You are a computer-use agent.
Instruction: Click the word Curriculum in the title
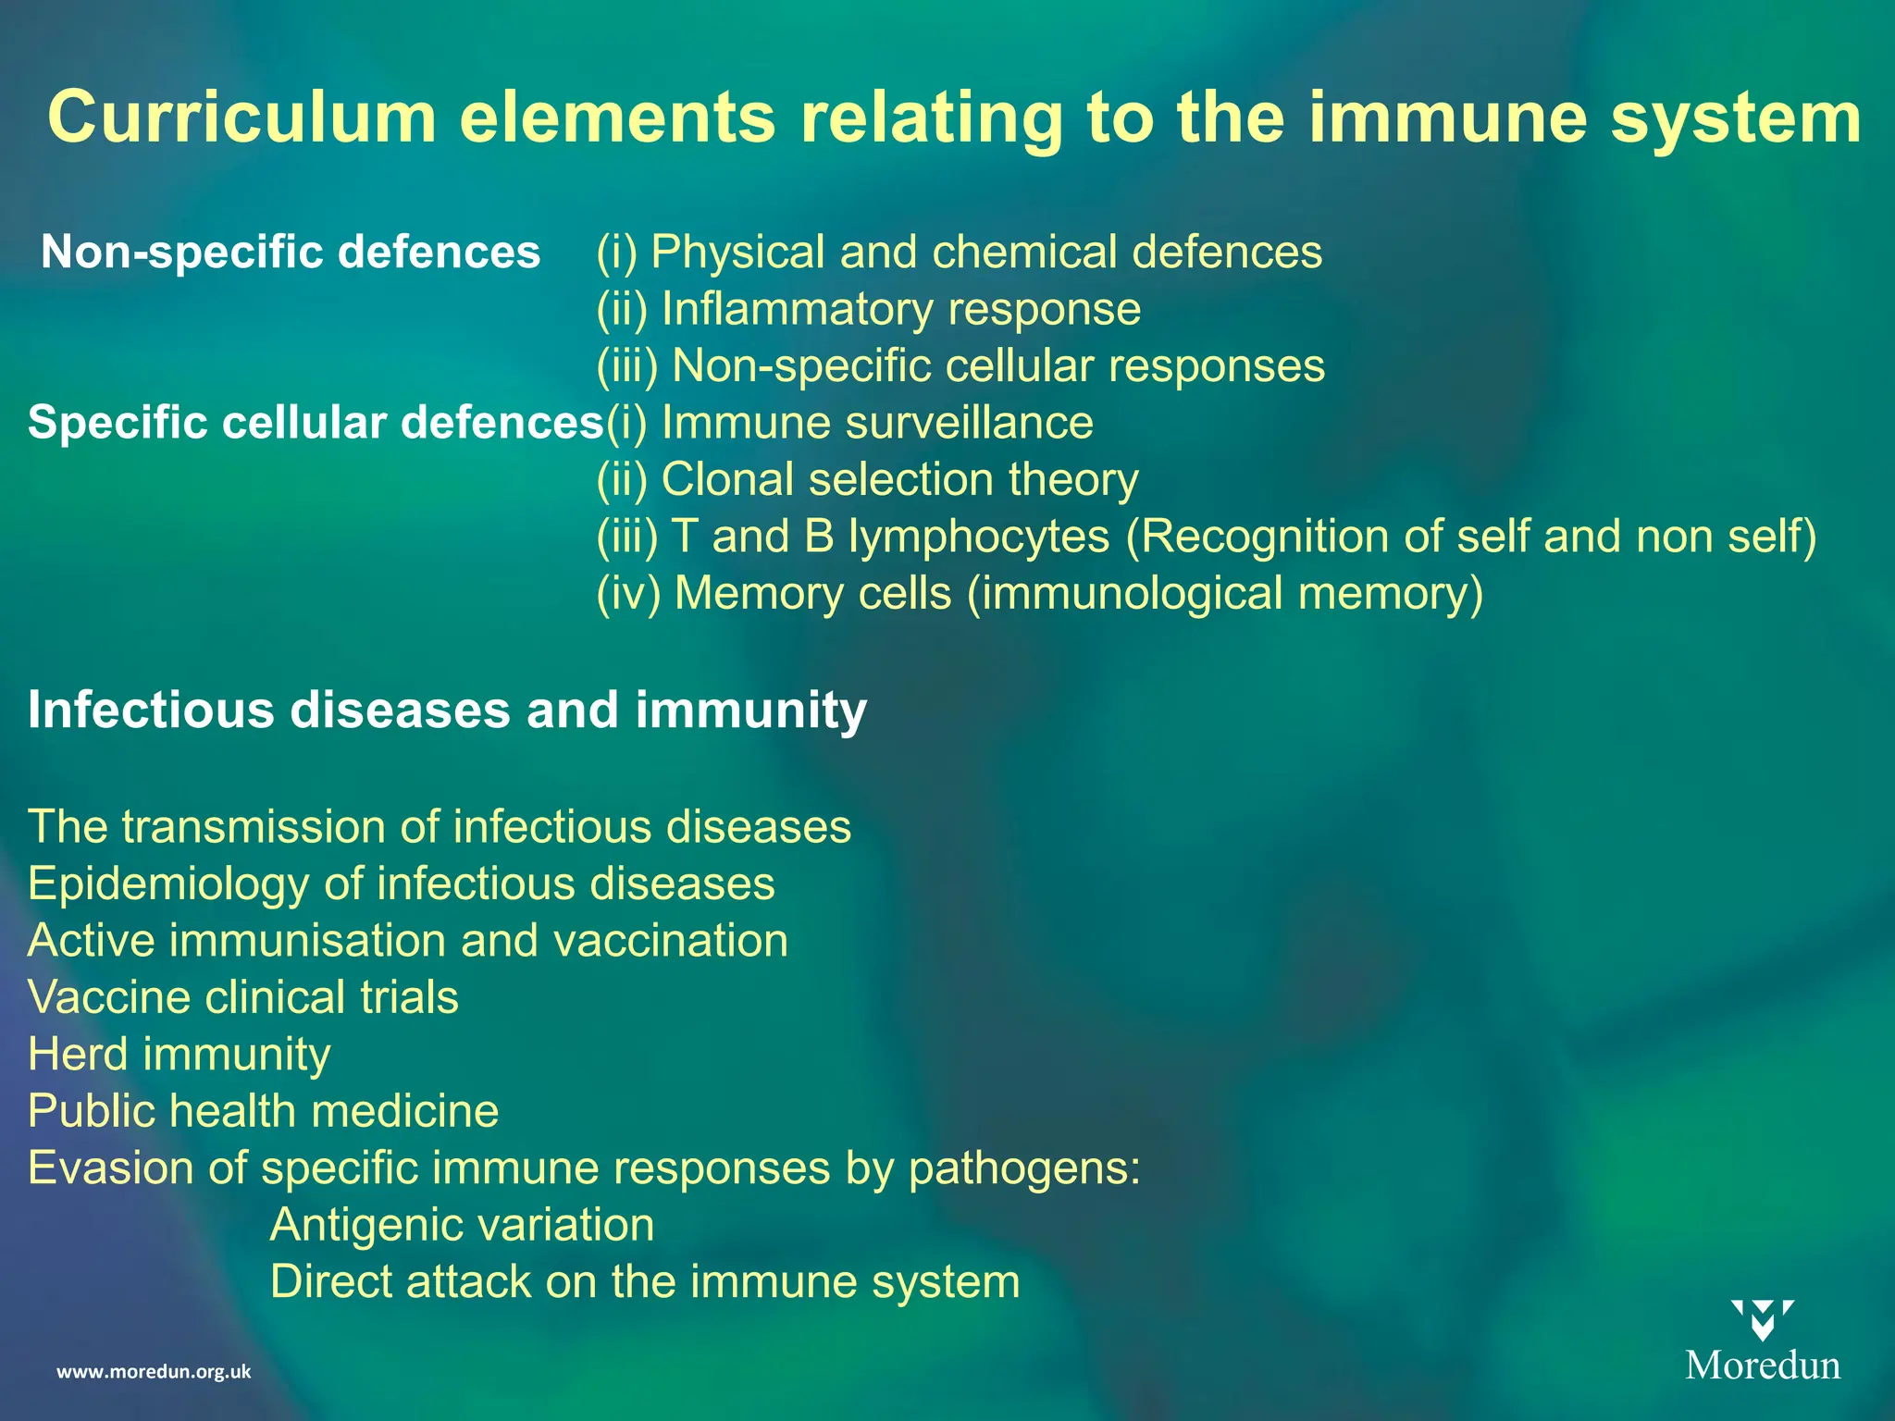[x=242, y=118]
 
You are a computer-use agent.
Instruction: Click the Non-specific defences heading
[x=291, y=252]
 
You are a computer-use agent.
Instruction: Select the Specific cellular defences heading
[x=315, y=423]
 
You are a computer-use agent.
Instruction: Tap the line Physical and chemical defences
[x=960, y=252]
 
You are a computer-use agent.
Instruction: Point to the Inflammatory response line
[x=868, y=309]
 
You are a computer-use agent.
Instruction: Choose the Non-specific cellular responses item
[x=960, y=365]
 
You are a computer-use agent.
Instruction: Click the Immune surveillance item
[x=849, y=423]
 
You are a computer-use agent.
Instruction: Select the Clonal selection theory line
[x=867, y=480]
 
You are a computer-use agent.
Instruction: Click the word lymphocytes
[x=979, y=537]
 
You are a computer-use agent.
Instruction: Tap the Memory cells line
[x=1039, y=593]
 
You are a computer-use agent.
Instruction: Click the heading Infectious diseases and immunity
[x=447, y=710]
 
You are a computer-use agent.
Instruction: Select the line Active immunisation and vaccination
[x=408, y=940]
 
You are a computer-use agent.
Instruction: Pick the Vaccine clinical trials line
[x=243, y=997]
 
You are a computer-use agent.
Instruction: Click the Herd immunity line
[x=180, y=1054]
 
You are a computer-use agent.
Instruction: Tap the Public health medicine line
[x=264, y=1111]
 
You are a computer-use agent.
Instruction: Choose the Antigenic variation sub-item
[x=462, y=1225]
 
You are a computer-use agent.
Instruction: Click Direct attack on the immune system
[x=645, y=1282]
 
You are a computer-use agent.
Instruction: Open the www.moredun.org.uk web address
[x=154, y=1371]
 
